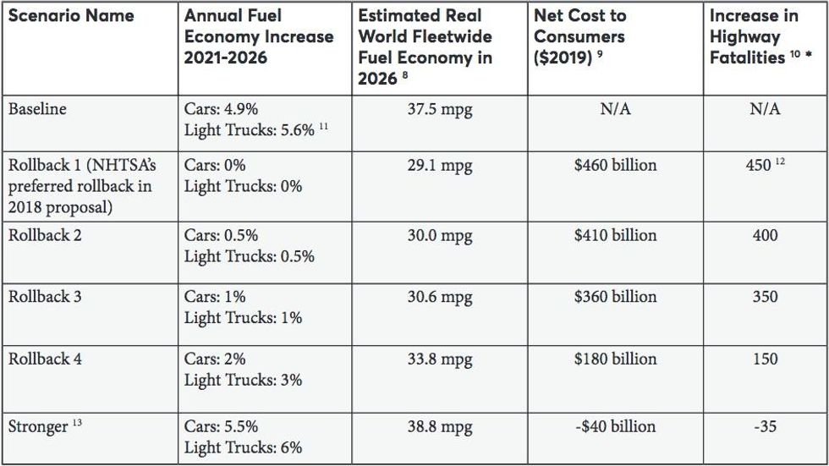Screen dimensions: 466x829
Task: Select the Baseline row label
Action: click(37, 109)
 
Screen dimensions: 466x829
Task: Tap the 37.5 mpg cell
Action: click(440, 110)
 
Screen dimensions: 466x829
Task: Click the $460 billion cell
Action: click(615, 165)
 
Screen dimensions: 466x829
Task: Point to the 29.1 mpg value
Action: click(440, 165)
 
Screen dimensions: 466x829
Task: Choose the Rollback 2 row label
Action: click(45, 235)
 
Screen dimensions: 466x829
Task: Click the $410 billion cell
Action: click(615, 235)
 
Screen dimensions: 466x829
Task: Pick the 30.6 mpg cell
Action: click(440, 297)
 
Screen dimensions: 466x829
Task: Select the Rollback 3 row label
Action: click(45, 297)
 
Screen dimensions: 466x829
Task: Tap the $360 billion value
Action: click(615, 297)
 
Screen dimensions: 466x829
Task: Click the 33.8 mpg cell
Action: click(440, 359)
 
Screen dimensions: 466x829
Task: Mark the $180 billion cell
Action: click(615, 359)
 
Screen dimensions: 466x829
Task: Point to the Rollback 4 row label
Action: click(45, 359)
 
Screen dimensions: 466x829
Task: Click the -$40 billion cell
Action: click(615, 427)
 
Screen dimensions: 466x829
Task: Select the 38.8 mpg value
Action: click(440, 427)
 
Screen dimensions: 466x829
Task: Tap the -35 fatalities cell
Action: click(765, 427)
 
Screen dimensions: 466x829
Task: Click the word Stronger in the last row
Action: click(37, 427)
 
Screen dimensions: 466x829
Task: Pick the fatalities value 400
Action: click(765, 235)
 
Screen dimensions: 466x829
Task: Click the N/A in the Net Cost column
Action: click(615, 110)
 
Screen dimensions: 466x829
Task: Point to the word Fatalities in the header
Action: click(747, 58)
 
